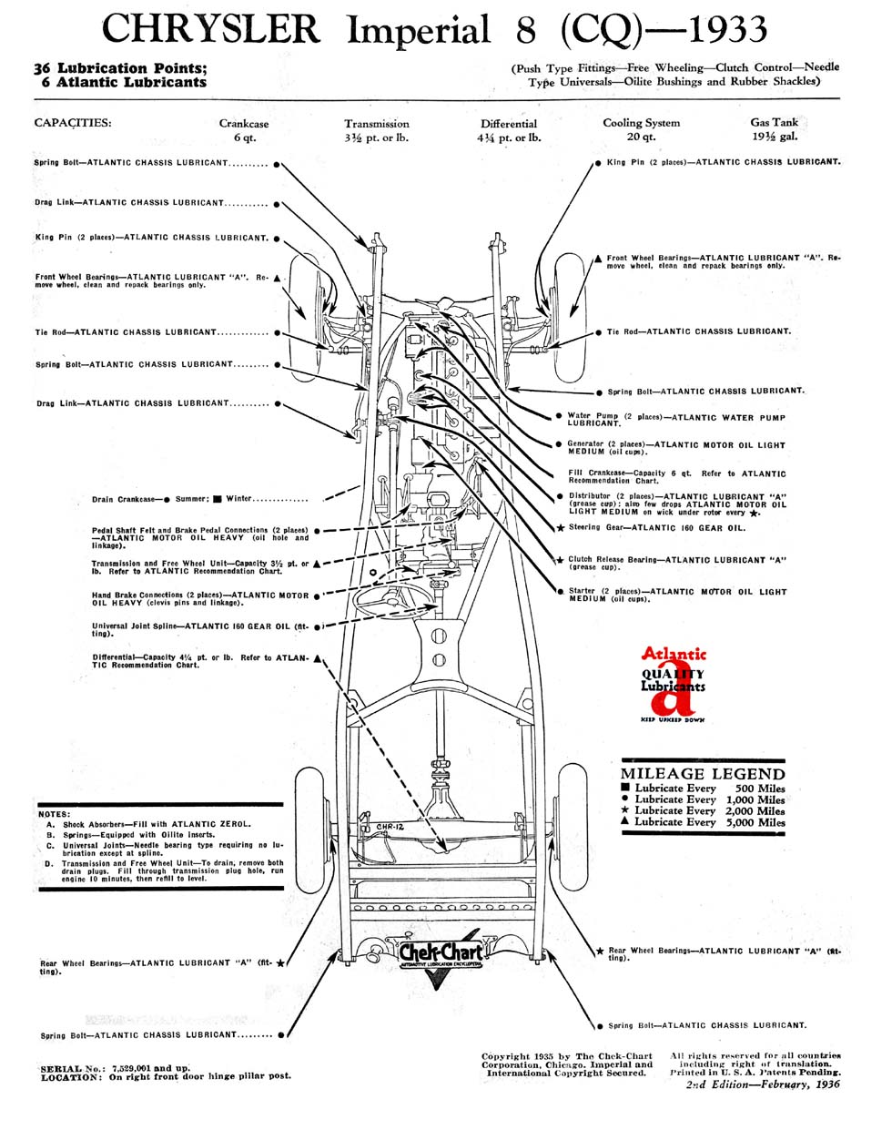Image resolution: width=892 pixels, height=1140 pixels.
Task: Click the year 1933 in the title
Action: (x=727, y=29)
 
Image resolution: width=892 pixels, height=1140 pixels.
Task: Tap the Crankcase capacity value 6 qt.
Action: (x=245, y=137)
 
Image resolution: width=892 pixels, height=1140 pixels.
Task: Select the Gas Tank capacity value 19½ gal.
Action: (x=775, y=137)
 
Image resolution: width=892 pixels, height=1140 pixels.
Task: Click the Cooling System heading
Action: (x=641, y=123)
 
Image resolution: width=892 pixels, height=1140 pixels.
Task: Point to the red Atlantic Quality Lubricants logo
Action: (x=673, y=685)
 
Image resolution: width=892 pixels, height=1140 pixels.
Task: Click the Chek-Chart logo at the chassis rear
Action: (x=441, y=950)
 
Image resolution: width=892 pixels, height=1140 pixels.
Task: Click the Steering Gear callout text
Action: (x=657, y=528)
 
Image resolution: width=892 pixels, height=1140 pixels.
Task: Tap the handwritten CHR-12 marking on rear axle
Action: (x=389, y=828)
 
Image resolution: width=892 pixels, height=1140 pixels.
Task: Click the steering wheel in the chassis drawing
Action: (x=389, y=601)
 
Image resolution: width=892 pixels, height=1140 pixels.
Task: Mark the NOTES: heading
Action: (x=55, y=815)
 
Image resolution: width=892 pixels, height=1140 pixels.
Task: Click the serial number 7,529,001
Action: (x=131, y=1069)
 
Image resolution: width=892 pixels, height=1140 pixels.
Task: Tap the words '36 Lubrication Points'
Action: (x=119, y=68)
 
